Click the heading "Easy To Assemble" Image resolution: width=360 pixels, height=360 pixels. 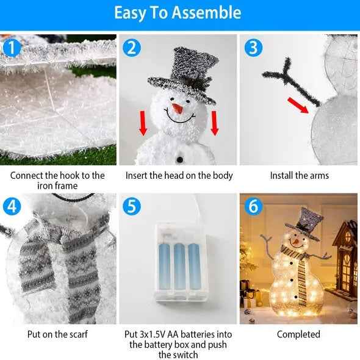coord(178,13)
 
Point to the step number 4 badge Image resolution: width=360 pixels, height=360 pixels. coord(11,206)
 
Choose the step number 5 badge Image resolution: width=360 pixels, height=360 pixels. coord(131,206)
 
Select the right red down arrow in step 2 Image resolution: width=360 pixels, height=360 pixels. coord(214,122)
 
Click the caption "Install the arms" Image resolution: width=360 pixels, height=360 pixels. coord(299,176)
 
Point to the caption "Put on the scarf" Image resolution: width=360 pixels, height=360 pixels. coord(57,334)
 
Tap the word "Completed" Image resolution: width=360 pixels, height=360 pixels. coord(298,334)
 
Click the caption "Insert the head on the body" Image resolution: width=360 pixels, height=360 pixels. coord(179,176)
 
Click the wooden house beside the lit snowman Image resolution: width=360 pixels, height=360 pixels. coord(344,256)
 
